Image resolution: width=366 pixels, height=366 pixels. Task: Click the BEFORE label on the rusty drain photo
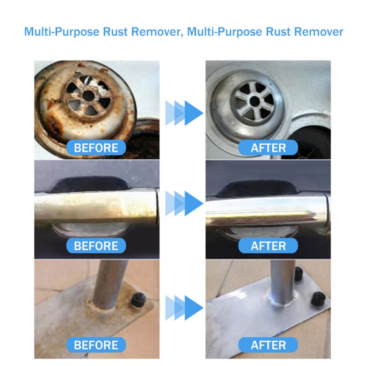(96, 148)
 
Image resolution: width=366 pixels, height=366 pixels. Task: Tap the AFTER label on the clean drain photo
(268, 148)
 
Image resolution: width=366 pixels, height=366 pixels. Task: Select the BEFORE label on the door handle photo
(96, 246)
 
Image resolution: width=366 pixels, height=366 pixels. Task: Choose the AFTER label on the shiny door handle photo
(268, 246)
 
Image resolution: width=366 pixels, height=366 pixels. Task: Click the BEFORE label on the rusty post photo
(96, 344)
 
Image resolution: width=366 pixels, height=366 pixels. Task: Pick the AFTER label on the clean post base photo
(268, 344)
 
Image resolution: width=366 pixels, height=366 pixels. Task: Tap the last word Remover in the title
(318, 32)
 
